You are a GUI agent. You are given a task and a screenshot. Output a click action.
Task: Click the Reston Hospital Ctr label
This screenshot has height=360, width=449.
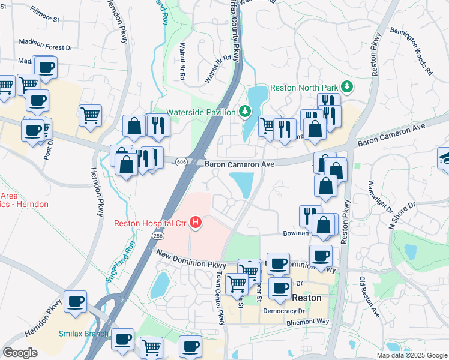151,224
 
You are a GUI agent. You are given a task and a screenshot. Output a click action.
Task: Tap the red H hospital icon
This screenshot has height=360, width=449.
196,223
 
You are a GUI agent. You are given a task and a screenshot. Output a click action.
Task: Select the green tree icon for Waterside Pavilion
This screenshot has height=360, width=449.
245,112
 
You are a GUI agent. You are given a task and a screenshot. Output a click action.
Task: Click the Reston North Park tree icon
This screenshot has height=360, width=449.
346,87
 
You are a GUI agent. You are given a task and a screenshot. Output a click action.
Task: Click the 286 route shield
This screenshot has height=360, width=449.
158,237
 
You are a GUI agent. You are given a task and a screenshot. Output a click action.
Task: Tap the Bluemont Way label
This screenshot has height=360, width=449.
308,322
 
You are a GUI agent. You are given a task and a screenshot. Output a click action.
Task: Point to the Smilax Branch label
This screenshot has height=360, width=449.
83,334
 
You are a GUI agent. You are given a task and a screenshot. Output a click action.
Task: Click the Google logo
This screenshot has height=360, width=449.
20,353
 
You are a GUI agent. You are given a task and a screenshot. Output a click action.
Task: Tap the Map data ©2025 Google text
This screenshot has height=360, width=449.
411,355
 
